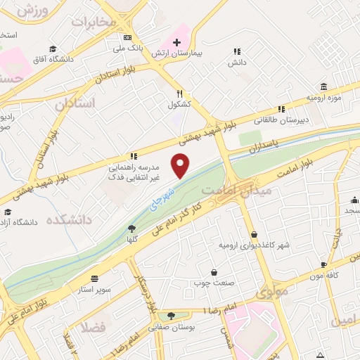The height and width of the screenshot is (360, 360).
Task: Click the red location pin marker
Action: [x=181, y=165]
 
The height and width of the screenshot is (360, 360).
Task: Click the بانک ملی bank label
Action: [x=128, y=49]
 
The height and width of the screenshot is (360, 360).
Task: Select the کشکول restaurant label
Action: [x=179, y=105]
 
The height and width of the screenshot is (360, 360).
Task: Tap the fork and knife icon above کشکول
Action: [x=179, y=94]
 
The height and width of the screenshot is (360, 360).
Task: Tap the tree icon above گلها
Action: [x=131, y=228]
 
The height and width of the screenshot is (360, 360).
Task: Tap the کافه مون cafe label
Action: [x=323, y=276]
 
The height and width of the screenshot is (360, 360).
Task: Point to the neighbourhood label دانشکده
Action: [x=69, y=220]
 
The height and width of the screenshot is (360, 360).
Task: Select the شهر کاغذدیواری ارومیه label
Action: [x=254, y=245]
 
